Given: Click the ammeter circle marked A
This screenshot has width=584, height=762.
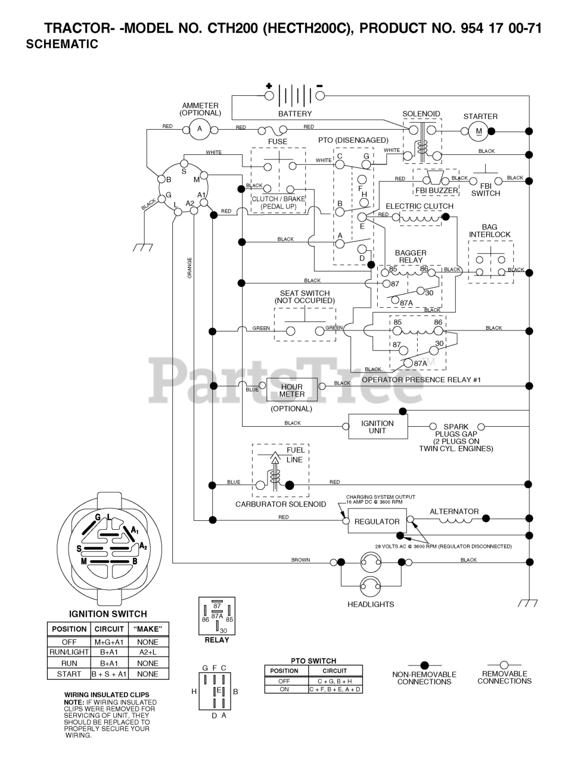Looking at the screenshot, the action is (200, 129).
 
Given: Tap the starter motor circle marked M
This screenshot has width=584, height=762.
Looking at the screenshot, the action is (479, 132).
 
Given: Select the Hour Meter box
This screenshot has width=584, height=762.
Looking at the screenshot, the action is (291, 389).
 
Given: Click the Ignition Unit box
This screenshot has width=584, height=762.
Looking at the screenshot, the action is (378, 426).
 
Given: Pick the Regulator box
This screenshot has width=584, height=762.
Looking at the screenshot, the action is (377, 521).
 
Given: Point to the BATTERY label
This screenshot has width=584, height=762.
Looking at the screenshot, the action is (295, 114).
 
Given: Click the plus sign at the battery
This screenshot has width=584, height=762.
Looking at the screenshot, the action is (269, 86).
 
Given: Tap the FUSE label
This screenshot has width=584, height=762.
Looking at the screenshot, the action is (278, 141).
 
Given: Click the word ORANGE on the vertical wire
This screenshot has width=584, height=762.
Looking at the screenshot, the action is (190, 268).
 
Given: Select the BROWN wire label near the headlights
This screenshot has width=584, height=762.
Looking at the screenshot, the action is (300, 560).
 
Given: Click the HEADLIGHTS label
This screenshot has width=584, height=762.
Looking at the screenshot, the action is (371, 604).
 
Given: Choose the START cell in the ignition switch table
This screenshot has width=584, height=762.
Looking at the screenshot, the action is (69, 674).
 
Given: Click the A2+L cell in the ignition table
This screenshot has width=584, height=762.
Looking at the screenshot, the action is (148, 652).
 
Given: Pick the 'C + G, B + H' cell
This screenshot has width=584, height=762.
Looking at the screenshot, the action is (335, 681).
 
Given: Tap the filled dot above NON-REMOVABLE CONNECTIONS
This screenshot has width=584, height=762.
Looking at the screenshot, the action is (425, 665).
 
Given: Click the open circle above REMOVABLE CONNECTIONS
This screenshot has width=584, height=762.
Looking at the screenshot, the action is (504, 665).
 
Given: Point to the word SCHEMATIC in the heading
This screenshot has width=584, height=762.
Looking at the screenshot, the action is (62, 44).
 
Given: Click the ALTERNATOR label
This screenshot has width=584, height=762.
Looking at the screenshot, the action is (454, 511).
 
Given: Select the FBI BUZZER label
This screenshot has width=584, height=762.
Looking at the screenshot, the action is (437, 190).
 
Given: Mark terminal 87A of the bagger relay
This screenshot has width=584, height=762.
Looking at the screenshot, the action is (395, 300).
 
